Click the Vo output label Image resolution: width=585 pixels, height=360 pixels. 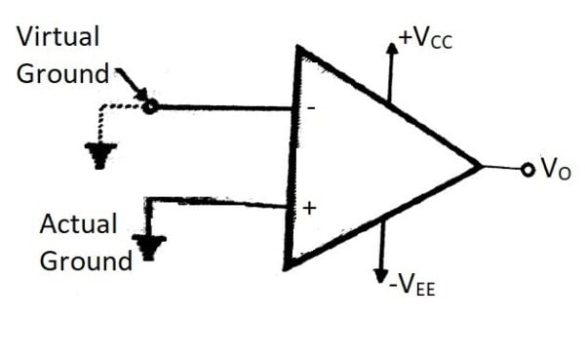click(555, 170)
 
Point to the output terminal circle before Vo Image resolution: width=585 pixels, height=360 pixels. click(527, 170)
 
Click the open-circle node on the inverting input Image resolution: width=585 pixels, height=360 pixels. click(149, 106)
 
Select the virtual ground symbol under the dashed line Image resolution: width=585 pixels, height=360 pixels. click(99, 153)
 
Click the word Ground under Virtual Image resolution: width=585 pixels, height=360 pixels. click(60, 74)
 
